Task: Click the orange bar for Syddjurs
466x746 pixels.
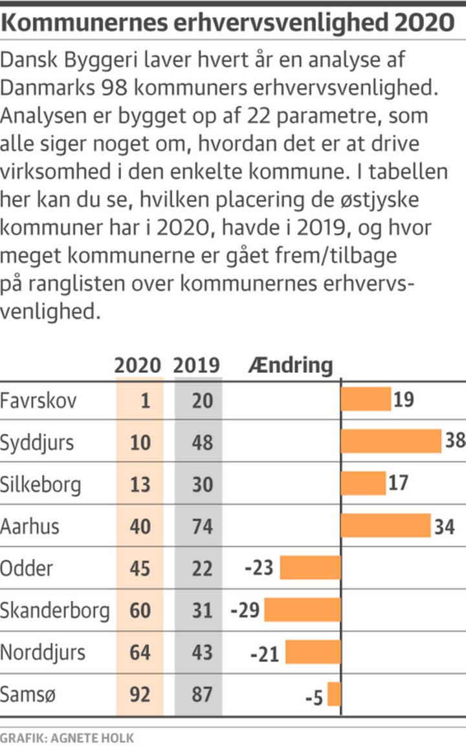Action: (x=391, y=441)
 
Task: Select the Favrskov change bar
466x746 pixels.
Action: (x=366, y=399)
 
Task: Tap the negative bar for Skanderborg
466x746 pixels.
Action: (x=302, y=610)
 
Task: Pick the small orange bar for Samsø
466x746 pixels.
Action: (x=334, y=694)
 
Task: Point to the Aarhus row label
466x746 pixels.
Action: (x=30, y=526)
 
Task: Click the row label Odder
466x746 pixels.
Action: (x=27, y=568)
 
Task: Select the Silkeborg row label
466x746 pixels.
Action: (x=40, y=484)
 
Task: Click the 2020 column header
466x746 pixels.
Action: (x=137, y=366)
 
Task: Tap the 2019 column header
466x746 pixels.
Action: (x=197, y=366)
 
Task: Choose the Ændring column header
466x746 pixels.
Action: (x=290, y=366)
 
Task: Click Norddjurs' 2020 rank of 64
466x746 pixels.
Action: (x=140, y=652)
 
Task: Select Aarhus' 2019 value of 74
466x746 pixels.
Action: (x=202, y=526)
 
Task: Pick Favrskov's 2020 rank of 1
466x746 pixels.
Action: (x=145, y=400)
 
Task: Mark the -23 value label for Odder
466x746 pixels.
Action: (x=259, y=569)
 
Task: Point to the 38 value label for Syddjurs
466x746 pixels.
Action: (x=454, y=441)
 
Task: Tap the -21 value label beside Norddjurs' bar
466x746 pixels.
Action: (x=265, y=653)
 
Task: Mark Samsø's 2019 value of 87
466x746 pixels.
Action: (x=202, y=694)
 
